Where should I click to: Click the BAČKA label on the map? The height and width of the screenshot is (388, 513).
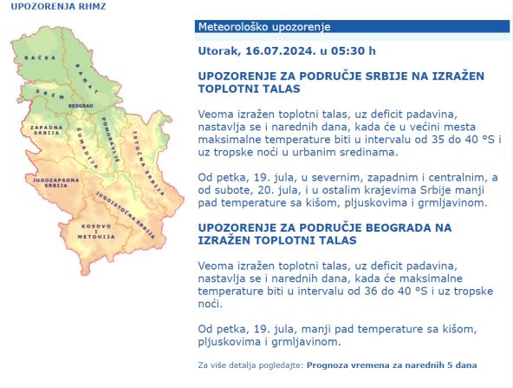click(x=34, y=57)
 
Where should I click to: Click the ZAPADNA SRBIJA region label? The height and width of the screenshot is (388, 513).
click(x=45, y=131)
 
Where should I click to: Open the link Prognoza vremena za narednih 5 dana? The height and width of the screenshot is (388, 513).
click(x=390, y=365)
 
